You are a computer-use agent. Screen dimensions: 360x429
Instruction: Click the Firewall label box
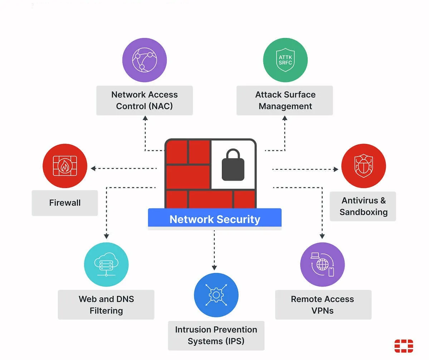[65, 203]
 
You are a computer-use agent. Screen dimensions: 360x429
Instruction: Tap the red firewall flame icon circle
[65, 166]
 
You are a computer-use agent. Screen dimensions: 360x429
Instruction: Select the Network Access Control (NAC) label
[144, 100]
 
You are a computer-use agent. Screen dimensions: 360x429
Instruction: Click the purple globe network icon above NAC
[144, 60]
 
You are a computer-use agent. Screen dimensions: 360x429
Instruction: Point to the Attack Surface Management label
[285, 100]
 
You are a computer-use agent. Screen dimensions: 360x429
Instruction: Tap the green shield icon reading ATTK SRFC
[285, 60]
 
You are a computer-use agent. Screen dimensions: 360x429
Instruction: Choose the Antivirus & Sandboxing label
[363, 206]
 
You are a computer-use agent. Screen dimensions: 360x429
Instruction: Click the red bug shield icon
[363, 166]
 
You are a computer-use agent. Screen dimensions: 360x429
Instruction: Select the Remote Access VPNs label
[323, 304]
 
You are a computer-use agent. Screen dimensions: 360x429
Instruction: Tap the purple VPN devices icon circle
[322, 264]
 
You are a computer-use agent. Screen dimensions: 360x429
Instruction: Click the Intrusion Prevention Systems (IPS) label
[216, 335]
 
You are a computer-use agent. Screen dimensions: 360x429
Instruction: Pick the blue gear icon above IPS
[216, 295]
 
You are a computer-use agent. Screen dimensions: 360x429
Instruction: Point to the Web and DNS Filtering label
[106, 304]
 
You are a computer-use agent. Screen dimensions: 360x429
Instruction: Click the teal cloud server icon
[106, 264]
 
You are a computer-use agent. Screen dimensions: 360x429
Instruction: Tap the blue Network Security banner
[215, 219]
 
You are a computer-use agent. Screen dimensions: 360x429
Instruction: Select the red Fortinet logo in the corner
[404, 346]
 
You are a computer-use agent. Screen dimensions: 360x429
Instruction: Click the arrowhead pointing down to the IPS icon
[214, 267]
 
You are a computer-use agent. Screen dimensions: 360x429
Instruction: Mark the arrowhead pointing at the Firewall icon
[93, 168]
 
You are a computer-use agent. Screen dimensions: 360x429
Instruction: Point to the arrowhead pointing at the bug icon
[336, 169]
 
